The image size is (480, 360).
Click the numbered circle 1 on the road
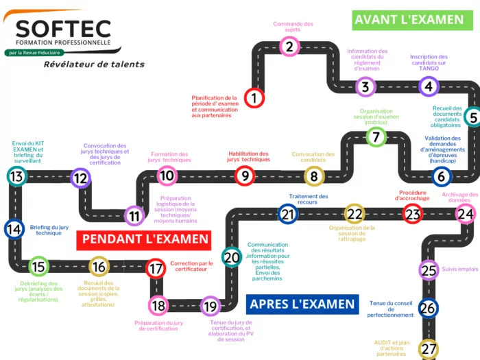click(x=254, y=97)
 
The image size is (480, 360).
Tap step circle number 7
click(x=376, y=136)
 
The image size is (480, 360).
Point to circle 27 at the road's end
click(x=429, y=349)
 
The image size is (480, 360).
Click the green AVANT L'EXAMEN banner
click(x=409, y=19)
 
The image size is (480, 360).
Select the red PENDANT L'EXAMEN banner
click(x=145, y=239)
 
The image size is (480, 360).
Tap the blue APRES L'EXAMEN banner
click(x=302, y=303)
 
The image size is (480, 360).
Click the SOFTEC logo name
click(x=64, y=29)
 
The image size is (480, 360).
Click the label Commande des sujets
click(x=293, y=27)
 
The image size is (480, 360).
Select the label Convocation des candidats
click(x=313, y=157)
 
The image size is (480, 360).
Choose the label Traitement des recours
click(x=308, y=200)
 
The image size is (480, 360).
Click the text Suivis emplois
click(x=460, y=269)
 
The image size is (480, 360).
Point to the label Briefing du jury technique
click(x=49, y=230)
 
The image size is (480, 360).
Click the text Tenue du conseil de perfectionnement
click(x=391, y=311)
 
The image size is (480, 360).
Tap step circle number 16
click(x=99, y=267)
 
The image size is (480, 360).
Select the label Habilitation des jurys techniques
click(x=248, y=157)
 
